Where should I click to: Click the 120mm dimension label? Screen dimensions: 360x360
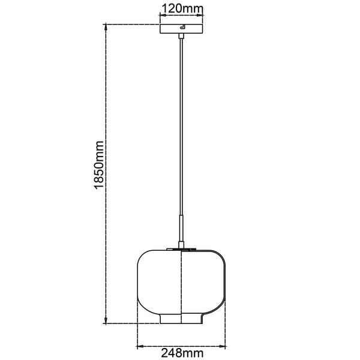182,9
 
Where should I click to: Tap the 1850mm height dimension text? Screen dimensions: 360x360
99,165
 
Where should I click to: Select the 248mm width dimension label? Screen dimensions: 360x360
182,353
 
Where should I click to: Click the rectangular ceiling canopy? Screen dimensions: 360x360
181,29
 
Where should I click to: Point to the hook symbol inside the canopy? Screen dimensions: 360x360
182,26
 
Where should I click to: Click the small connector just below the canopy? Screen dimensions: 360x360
181,36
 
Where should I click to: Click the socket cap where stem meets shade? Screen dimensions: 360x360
181,245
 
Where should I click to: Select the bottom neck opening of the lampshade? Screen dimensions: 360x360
181,319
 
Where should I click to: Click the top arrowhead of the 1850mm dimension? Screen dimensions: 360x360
106,27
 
